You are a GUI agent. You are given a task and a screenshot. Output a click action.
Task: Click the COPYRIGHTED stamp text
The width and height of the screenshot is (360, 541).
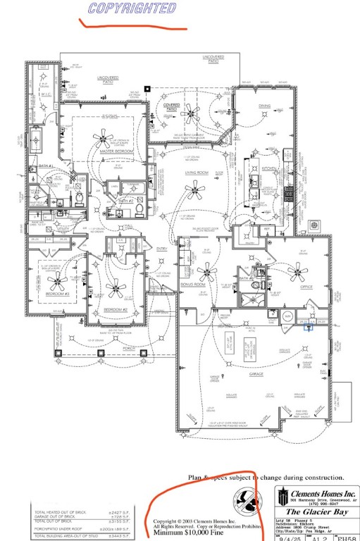click(x=132, y=8)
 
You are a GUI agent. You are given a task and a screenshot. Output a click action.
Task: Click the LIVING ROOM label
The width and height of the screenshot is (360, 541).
click(x=196, y=173)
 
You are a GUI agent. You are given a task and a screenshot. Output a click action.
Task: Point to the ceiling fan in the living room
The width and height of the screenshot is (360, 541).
click(x=195, y=188)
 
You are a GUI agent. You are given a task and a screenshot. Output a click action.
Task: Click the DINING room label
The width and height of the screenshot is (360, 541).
click(x=264, y=106)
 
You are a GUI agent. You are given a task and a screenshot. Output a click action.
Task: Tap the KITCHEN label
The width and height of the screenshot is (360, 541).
click(x=269, y=169)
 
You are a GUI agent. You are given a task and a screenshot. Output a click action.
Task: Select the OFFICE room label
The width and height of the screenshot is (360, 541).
click(x=305, y=287)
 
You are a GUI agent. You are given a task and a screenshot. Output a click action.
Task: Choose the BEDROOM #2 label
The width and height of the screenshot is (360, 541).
click(x=116, y=309)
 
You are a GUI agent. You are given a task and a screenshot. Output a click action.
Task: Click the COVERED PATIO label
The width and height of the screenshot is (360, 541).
click(x=172, y=106)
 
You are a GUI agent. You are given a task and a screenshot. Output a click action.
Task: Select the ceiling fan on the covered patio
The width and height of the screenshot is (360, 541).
click(x=191, y=113)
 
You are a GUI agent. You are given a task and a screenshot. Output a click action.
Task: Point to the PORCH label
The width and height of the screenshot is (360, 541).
click(x=129, y=347)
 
